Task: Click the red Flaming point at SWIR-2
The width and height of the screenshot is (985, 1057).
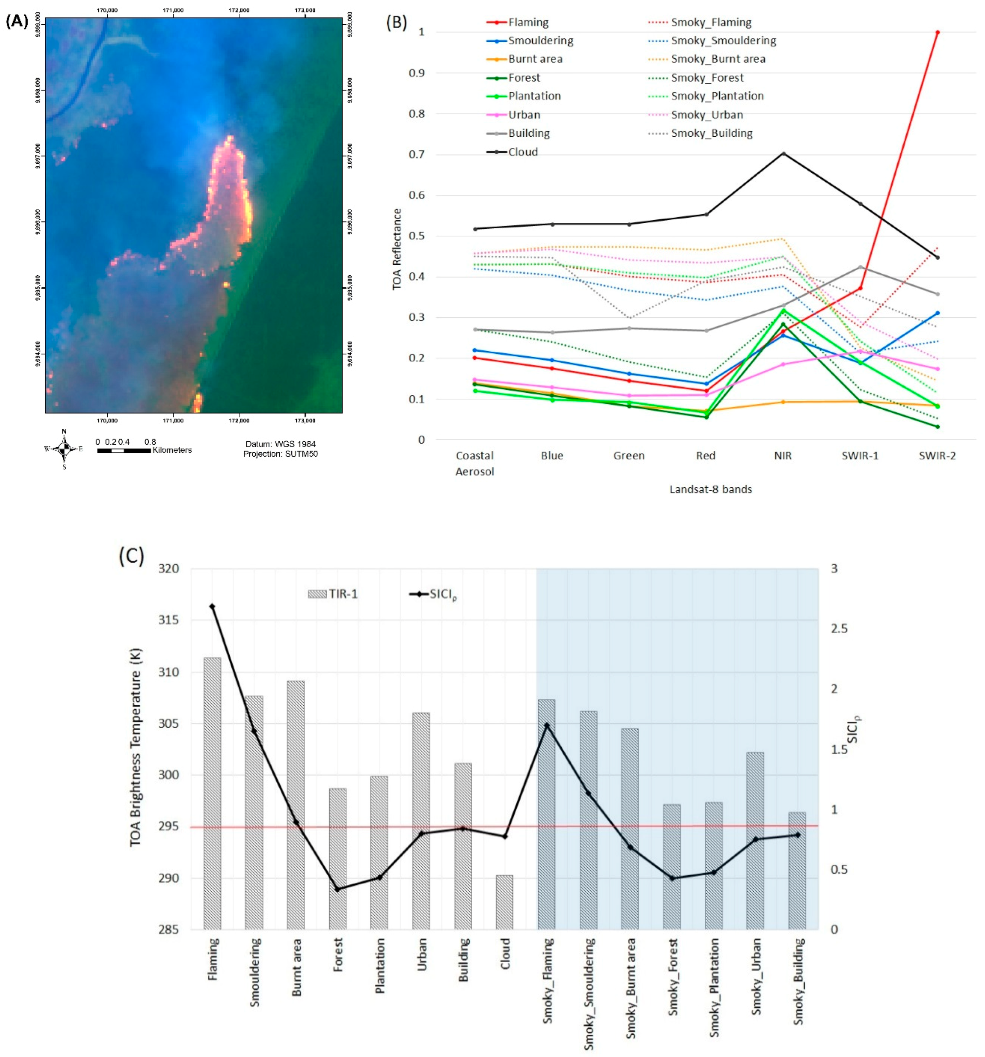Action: (x=937, y=33)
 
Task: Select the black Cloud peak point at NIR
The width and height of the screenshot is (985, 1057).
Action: (x=783, y=154)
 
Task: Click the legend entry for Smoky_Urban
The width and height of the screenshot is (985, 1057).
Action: (x=706, y=115)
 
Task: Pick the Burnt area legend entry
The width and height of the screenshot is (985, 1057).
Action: (x=535, y=59)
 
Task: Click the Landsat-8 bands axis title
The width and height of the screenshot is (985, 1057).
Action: (x=710, y=489)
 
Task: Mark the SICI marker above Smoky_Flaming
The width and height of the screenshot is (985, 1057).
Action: (x=546, y=725)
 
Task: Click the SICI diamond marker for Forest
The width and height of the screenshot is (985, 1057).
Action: (x=337, y=889)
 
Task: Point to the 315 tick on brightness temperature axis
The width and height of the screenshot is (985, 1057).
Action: (x=168, y=620)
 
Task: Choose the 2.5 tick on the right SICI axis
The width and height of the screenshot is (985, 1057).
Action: (x=838, y=629)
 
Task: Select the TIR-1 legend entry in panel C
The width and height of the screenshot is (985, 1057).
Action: (x=334, y=594)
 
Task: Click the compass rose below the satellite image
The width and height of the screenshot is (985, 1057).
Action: (x=64, y=449)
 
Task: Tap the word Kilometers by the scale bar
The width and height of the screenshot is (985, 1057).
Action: (x=172, y=450)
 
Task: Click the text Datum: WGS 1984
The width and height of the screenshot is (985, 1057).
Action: (x=280, y=444)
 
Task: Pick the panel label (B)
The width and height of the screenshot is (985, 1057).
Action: (x=396, y=22)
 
